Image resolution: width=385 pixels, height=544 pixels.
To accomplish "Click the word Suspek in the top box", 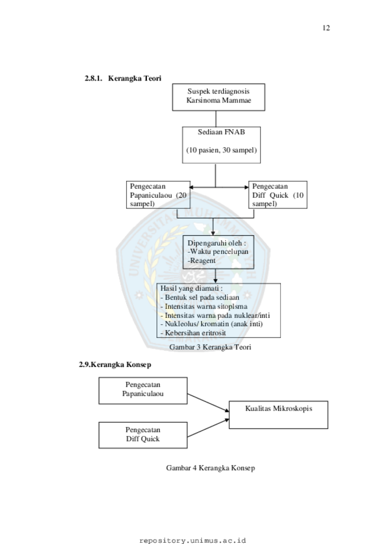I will [198, 92].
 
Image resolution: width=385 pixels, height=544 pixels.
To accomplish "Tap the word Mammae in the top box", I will [236, 101].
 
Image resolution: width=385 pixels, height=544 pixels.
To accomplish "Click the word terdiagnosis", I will [230, 92].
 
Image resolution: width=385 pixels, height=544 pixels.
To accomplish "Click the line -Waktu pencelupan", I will [217, 252].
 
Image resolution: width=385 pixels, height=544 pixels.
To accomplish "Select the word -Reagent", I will [201, 260].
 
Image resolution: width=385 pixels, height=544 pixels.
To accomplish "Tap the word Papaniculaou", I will [143, 394].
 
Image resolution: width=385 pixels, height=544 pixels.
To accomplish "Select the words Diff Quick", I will [143, 439].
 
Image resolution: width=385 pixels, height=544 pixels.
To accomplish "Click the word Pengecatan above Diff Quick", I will [143, 430].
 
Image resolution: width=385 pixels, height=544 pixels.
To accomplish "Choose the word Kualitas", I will [259, 408].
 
